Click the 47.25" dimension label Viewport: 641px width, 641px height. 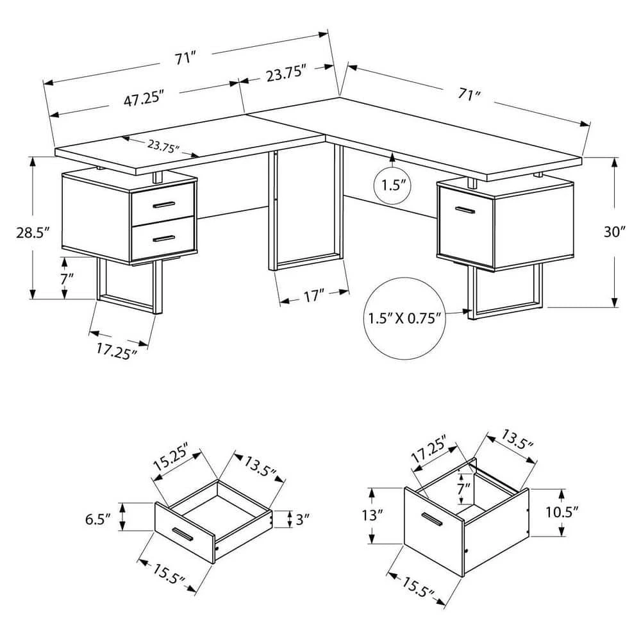[x=144, y=99]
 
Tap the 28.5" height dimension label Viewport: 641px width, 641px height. [x=33, y=233]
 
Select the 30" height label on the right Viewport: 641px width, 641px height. [x=615, y=232]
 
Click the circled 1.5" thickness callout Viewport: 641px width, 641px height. [x=392, y=186]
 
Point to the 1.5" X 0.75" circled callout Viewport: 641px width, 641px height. [x=404, y=319]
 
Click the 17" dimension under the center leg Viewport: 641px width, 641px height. [x=314, y=296]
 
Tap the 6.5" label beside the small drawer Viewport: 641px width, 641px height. [x=97, y=520]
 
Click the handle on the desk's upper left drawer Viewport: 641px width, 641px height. [x=164, y=204]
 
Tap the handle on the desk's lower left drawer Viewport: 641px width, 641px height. [x=163, y=238]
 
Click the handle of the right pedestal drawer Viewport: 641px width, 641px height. [x=465, y=210]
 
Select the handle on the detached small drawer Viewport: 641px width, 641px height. [x=183, y=535]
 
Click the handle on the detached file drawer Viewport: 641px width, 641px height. [x=432, y=519]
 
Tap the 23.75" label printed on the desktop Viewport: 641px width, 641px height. [x=163, y=145]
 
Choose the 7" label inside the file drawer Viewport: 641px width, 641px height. [x=463, y=488]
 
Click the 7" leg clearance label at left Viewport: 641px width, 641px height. [x=67, y=279]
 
